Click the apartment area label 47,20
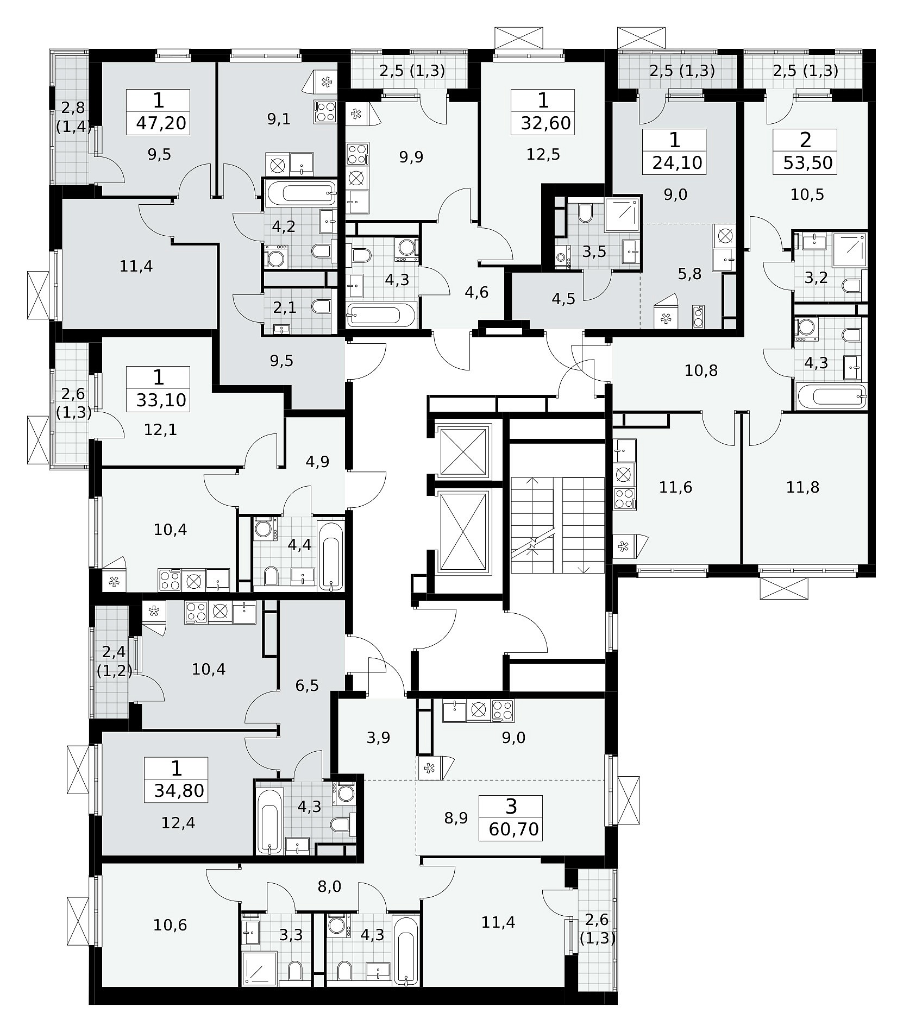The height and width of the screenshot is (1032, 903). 161,123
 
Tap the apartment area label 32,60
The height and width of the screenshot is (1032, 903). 546,123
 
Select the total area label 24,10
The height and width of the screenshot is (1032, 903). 678,162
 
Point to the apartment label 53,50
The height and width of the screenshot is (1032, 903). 808,162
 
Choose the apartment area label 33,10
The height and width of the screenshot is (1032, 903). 161,400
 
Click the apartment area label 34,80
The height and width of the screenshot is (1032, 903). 179,790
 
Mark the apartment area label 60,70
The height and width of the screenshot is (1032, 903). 514,829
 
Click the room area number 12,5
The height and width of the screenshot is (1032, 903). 543,155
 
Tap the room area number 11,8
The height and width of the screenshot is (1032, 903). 803,487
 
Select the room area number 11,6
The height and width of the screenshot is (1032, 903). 676,487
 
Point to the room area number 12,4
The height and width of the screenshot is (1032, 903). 178,823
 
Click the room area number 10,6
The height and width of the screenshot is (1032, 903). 170,924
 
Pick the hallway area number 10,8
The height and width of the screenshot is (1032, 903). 701,371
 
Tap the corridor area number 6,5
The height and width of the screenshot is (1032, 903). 307,685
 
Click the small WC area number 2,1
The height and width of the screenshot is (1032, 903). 285,308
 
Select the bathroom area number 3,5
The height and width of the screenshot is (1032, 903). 594,252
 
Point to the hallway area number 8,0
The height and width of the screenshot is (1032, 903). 329,886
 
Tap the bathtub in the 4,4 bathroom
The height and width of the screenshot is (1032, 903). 331,556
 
